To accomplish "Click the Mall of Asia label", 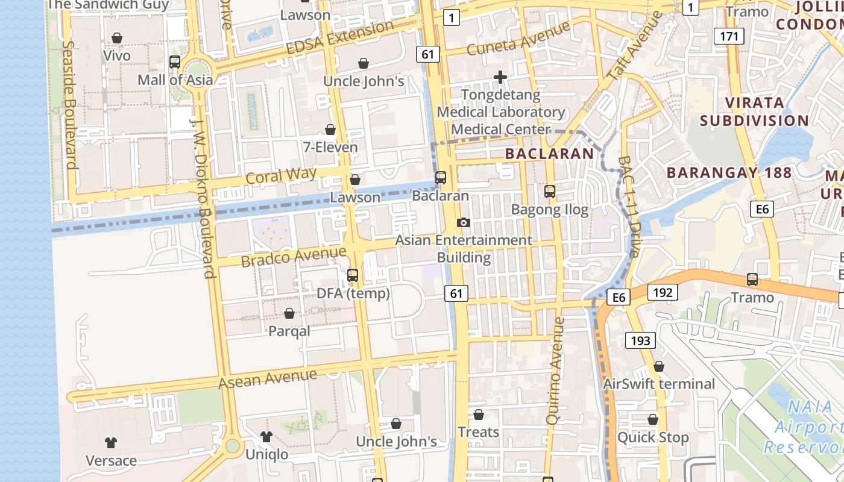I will point(175,80).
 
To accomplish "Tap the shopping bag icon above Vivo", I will point(117,38).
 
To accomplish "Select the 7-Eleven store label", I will point(331,147).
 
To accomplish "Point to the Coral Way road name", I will point(281,176).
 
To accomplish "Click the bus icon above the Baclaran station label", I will point(441,178).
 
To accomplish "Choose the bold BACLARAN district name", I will point(549,154).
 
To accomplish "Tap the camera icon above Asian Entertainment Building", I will point(463,222).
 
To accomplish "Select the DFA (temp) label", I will point(353,293).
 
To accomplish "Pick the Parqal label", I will point(289,331).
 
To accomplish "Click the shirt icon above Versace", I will point(111,443).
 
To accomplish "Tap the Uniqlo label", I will point(266,454).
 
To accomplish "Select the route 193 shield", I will point(640,340).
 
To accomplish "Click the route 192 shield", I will point(663,293).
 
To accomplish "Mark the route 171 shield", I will point(728,36).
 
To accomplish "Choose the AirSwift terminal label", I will point(659,384).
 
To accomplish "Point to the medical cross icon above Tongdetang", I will point(500,77).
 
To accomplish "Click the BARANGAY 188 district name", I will point(729,172).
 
